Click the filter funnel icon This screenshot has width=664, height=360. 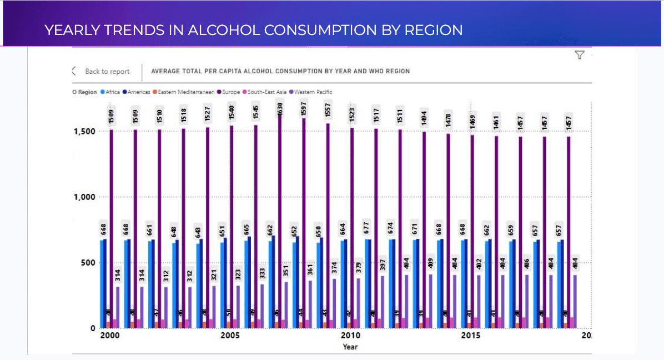click(x=580, y=54)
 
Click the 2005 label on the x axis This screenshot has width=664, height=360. click(x=230, y=336)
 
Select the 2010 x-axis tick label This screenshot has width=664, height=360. click(x=350, y=336)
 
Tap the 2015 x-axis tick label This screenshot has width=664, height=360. click(x=471, y=336)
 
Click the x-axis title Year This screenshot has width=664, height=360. click(x=350, y=347)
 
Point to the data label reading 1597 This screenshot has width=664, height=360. click(x=304, y=109)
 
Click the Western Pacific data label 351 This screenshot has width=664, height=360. click(x=286, y=271)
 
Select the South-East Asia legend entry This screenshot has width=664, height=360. click(x=267, y=92)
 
